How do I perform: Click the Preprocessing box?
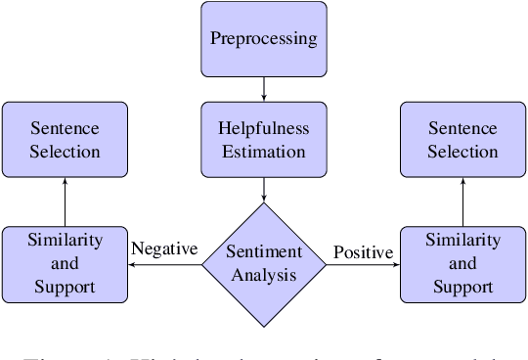263,40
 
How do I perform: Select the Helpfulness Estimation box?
263,139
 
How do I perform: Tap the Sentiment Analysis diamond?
263,263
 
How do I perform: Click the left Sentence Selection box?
65,139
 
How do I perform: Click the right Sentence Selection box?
462,139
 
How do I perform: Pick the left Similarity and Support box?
65,263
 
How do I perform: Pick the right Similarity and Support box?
462,263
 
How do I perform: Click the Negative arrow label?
164,248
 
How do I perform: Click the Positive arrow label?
363,252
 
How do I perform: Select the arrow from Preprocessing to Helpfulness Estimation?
263,90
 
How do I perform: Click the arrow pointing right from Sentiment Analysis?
363,264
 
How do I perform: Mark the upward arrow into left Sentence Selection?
65,201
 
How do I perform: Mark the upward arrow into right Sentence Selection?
462,201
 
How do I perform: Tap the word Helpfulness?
263,127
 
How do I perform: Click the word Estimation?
263,152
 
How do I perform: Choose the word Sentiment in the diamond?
263,252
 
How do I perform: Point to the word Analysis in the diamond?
263,275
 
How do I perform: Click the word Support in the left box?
65,287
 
